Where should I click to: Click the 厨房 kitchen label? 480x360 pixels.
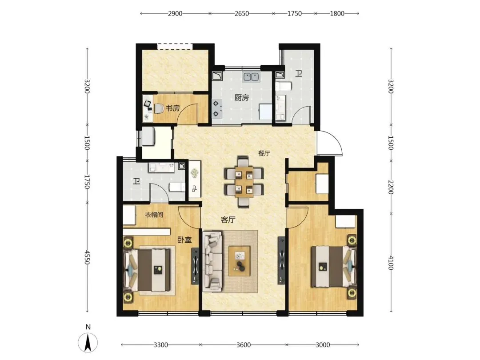[241, 98]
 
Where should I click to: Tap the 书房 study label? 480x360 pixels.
[172, 108]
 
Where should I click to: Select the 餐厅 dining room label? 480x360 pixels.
[264, 153]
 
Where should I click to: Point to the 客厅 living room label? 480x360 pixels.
[228, 220]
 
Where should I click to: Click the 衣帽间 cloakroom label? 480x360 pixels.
[154, 215]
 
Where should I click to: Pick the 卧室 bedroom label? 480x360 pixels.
[184, 240]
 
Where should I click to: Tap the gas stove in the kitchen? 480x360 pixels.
[217, 109]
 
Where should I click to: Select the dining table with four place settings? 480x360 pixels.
[244, 183]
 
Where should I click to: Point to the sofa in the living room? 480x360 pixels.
[212, 261]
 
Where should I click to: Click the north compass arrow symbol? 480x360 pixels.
[88, 342]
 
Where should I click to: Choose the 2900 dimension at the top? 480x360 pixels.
[175, 13]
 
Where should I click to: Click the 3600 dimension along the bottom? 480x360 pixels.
[244, 345]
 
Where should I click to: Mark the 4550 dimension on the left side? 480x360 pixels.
[87, 257]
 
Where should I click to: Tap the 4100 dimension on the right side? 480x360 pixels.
[391, 263]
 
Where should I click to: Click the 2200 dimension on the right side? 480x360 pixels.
[391, 187]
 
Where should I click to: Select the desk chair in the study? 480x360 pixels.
[158, 108]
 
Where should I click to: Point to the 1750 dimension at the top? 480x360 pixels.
[295, 13]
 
